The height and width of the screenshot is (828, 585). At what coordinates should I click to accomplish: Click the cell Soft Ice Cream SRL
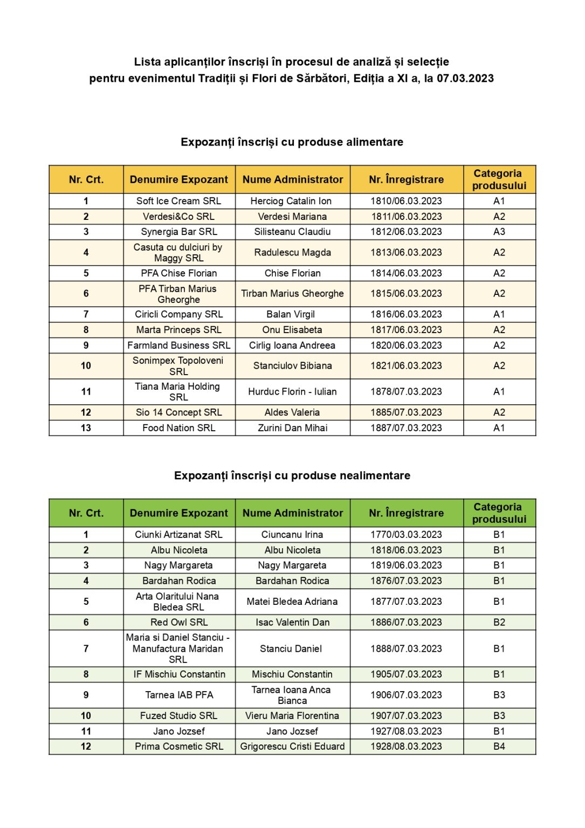178,201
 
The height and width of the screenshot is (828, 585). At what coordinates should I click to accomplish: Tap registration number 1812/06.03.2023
406,232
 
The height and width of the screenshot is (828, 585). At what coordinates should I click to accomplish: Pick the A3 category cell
499,232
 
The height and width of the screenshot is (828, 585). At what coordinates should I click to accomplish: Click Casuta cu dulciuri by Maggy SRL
178,252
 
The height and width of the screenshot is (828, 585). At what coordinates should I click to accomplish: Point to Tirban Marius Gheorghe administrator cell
292,294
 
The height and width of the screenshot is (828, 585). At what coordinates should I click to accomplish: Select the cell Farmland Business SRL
178,346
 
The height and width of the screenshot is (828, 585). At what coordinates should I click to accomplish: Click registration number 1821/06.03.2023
406,365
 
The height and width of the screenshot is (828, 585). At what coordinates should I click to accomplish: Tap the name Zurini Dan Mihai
292,428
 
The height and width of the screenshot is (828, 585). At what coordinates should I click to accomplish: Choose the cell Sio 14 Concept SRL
178,412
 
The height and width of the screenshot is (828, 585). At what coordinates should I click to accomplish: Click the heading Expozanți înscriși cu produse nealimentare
292,475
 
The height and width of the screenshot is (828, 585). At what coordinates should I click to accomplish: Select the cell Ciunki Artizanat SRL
178,535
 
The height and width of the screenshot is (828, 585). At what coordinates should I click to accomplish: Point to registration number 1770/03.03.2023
406,535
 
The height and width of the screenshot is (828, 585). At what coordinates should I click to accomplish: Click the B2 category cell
499,622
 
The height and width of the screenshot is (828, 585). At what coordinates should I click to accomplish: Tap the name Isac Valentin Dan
292,622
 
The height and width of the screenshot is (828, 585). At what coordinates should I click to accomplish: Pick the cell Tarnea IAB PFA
178,695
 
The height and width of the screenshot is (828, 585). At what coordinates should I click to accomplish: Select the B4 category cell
499,747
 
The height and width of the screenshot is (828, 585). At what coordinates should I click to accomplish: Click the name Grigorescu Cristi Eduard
292,747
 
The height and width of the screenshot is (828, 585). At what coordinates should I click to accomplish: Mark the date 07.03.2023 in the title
465,79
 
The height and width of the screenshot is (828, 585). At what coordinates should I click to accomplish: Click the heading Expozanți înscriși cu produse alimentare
292,142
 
